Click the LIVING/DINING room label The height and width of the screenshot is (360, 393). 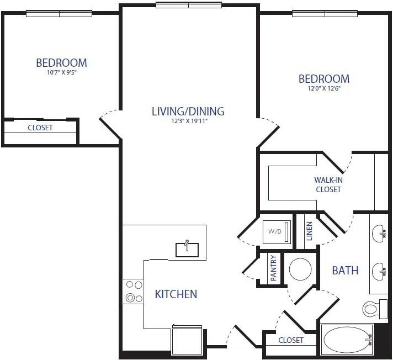[x=188, y=111]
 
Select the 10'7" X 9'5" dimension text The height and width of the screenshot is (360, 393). [x=61, y=72]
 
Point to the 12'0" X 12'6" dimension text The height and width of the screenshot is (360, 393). [x=324, y=88]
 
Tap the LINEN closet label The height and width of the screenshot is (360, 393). [x=309, y=231]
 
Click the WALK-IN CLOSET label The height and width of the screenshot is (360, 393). [x=328, y=184]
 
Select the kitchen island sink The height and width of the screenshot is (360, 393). [x=187, y=249]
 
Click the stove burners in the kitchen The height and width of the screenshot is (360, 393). [x=133, y=292]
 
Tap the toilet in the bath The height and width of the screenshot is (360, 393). [x=372, y=307]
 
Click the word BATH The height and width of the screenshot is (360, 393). [x=345, y=271]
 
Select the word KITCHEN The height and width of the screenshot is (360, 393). [x=176, y=294]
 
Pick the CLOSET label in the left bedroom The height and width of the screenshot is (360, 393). [x=40, y=128]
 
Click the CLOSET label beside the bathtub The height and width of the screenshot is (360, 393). [x=291, y=340]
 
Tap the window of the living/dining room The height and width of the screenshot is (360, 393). [x=189, y=6]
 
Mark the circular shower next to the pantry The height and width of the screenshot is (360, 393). [x=301, y=269]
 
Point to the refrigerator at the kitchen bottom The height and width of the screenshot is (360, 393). [x=187, y=339]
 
